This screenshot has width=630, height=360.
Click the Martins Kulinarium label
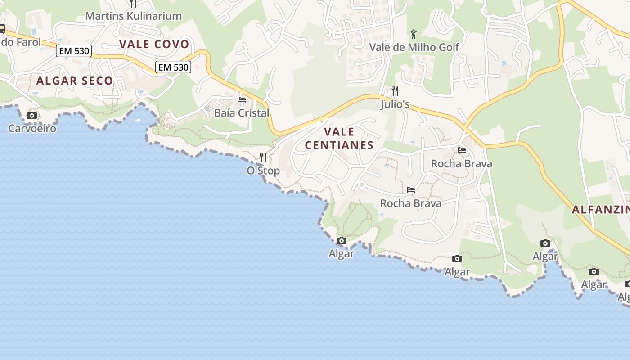point(134,16)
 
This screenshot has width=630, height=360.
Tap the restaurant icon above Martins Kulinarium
point(133,4)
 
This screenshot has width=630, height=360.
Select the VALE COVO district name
point(154,44)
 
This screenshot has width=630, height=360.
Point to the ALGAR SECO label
point(75,81)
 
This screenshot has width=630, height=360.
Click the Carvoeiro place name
point(32,129)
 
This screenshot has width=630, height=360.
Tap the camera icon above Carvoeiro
point(31,116)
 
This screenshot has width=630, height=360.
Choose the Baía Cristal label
point(242,113)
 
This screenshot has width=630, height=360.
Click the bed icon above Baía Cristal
point(242,99)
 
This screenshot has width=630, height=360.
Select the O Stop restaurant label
point(263,171)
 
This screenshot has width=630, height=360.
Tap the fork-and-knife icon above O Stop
point(263,157)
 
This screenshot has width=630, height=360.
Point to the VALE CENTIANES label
point(339,139)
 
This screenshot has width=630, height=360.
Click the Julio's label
point(395,105)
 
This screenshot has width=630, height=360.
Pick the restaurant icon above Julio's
point(395,91)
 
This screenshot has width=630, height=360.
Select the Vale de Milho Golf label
point(414,47)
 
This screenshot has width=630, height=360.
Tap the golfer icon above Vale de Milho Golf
point(414,34)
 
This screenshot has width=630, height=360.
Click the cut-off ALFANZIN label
point(601,210)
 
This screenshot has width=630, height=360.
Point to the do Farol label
point(21,42)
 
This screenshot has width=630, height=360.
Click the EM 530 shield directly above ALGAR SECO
point(74,51)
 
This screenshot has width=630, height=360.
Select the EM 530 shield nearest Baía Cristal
point(173,67)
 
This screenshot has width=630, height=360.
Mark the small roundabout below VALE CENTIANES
point(361,184)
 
